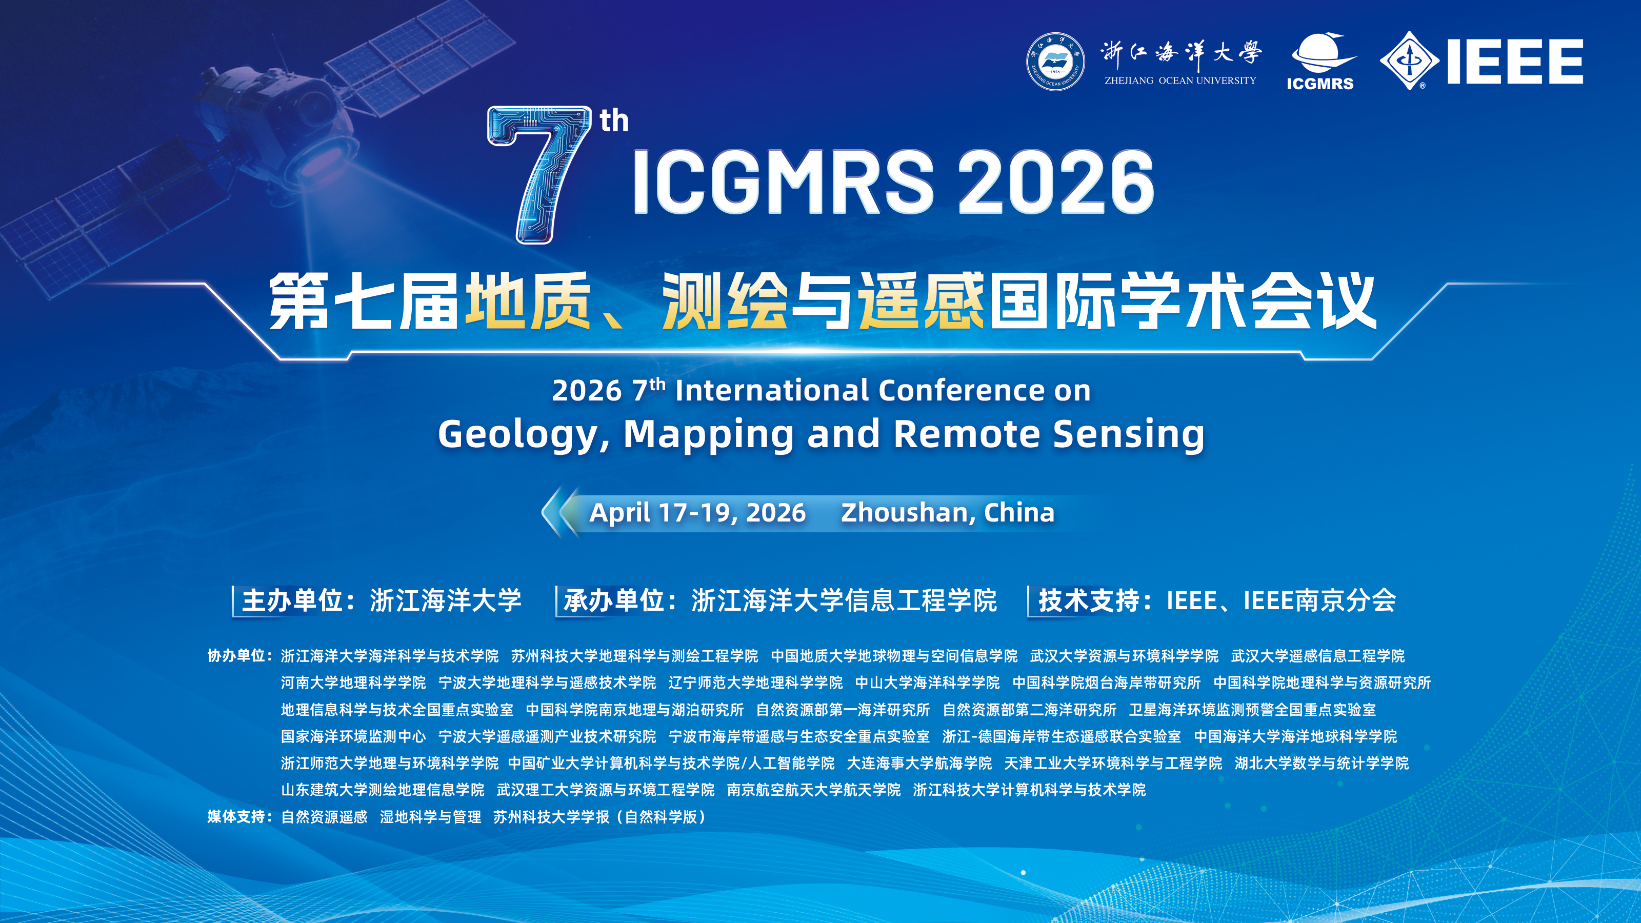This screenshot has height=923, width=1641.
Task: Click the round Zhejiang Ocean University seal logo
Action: pos(1055,61)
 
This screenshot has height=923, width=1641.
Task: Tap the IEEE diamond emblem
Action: pos(1409,61)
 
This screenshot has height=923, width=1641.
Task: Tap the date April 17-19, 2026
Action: pos(697,513)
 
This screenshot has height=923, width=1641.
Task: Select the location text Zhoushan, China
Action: pos(947,513)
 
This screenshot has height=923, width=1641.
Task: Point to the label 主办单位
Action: pos(293,600)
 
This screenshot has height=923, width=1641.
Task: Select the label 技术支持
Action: pos(1089,600)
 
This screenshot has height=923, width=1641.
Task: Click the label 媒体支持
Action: pos(236,817)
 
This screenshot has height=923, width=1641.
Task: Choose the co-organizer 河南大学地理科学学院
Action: pos(353,683)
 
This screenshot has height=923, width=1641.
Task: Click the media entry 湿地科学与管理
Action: pos(431,817)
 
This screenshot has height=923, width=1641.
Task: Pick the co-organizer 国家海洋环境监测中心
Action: pos(353,737)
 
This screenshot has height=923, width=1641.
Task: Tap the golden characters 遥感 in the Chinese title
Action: pos(920,302)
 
